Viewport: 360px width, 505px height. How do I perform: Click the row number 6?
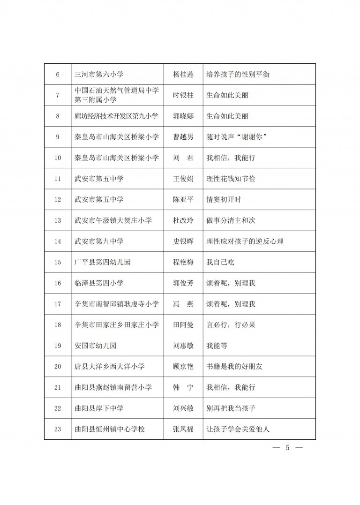58,74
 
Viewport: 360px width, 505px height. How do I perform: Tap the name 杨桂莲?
183,74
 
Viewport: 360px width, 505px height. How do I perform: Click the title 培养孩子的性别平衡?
238,74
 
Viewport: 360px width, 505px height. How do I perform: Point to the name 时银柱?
183,95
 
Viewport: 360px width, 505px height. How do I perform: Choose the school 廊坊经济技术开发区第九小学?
117,116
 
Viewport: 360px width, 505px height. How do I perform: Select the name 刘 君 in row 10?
183,158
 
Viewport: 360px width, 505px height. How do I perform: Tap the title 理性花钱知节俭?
231,179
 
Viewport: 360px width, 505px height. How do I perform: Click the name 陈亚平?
183,199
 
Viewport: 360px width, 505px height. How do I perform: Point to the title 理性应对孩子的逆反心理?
245,241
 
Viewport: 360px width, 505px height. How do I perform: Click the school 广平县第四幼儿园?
103,262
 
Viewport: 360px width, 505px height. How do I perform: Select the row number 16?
58,283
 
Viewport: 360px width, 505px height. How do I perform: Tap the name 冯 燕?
183,304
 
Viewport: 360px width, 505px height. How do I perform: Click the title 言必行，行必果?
231,325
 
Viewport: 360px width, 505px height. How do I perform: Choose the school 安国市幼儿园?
96,346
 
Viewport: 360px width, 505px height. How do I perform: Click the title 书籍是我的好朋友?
234,367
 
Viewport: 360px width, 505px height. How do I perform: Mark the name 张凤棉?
183,429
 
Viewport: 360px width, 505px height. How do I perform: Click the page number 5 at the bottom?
288,448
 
